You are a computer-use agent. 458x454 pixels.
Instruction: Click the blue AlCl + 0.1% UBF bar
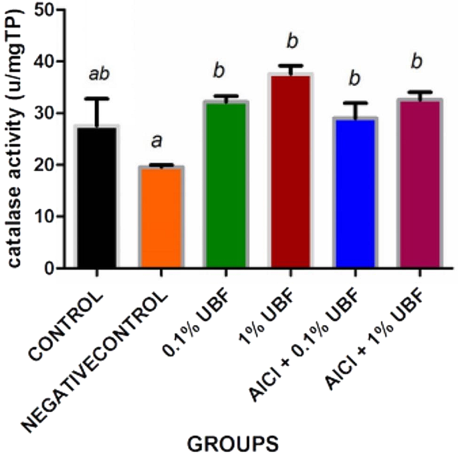(x=355, y=193)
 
